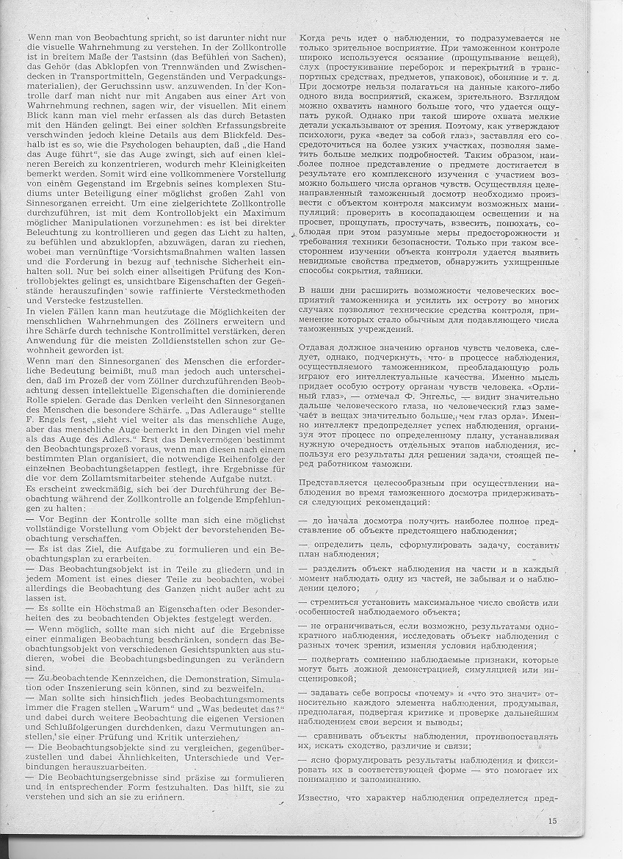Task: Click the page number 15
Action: [x=552, y=821]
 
